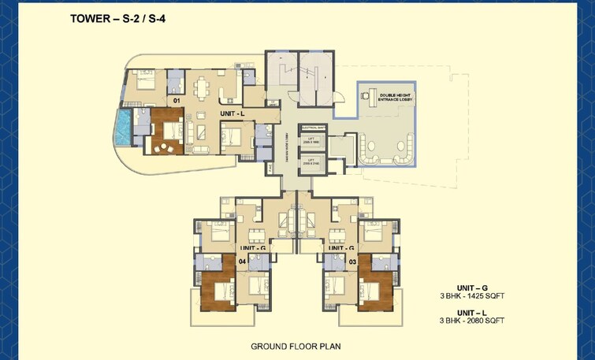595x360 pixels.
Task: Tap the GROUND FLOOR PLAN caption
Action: [x=296, y=346]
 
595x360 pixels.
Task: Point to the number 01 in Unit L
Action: [x=177, y=101]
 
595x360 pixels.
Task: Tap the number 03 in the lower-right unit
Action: [x=352, y=261]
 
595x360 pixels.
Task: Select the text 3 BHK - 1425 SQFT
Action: [x=472, y=296]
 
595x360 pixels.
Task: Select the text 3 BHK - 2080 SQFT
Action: [x=472, y=321]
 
